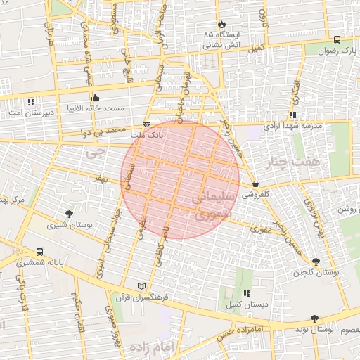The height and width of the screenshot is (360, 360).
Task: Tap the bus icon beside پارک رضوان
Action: [337, 40]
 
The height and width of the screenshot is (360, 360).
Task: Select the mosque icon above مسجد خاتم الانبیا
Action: [95, 98]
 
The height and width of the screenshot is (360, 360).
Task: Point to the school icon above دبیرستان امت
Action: [31, 102]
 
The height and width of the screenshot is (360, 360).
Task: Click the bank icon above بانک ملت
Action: [146, 124]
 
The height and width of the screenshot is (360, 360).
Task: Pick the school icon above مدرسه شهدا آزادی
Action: [292, 115]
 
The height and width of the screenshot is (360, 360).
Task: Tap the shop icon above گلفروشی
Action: [255, 183]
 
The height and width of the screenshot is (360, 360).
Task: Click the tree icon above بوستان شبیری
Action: [68, 214]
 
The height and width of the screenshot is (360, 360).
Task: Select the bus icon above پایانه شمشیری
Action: [39, 251]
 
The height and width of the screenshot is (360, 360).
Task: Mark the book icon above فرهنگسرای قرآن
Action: [143, 286]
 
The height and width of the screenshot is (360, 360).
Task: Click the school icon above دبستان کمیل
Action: [245, 293]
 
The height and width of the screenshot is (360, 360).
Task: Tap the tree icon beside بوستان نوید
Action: [314, 319]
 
